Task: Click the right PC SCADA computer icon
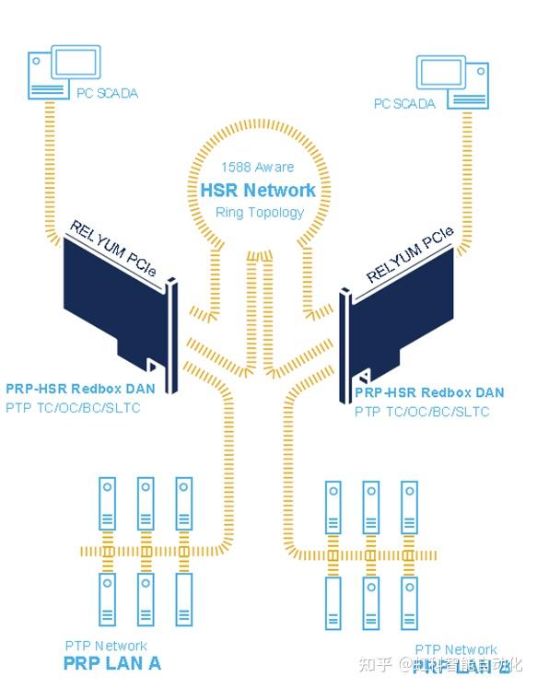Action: pos(450,78)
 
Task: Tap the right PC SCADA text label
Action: pos(404,104)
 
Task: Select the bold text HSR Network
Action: pos(258,191)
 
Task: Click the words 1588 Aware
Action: pos(258,168)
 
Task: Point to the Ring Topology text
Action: pos(259,213)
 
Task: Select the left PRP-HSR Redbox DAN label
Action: pos(79,390)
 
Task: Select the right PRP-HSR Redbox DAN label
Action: pos(429,392)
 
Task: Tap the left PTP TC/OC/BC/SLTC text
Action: pos(73,407)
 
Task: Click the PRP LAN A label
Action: pos(111,662)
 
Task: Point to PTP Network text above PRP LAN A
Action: pos(106,646)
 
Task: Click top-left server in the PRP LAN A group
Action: pos(107,503)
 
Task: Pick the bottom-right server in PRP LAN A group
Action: pos(184,600)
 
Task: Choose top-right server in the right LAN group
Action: pos(410,507)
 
